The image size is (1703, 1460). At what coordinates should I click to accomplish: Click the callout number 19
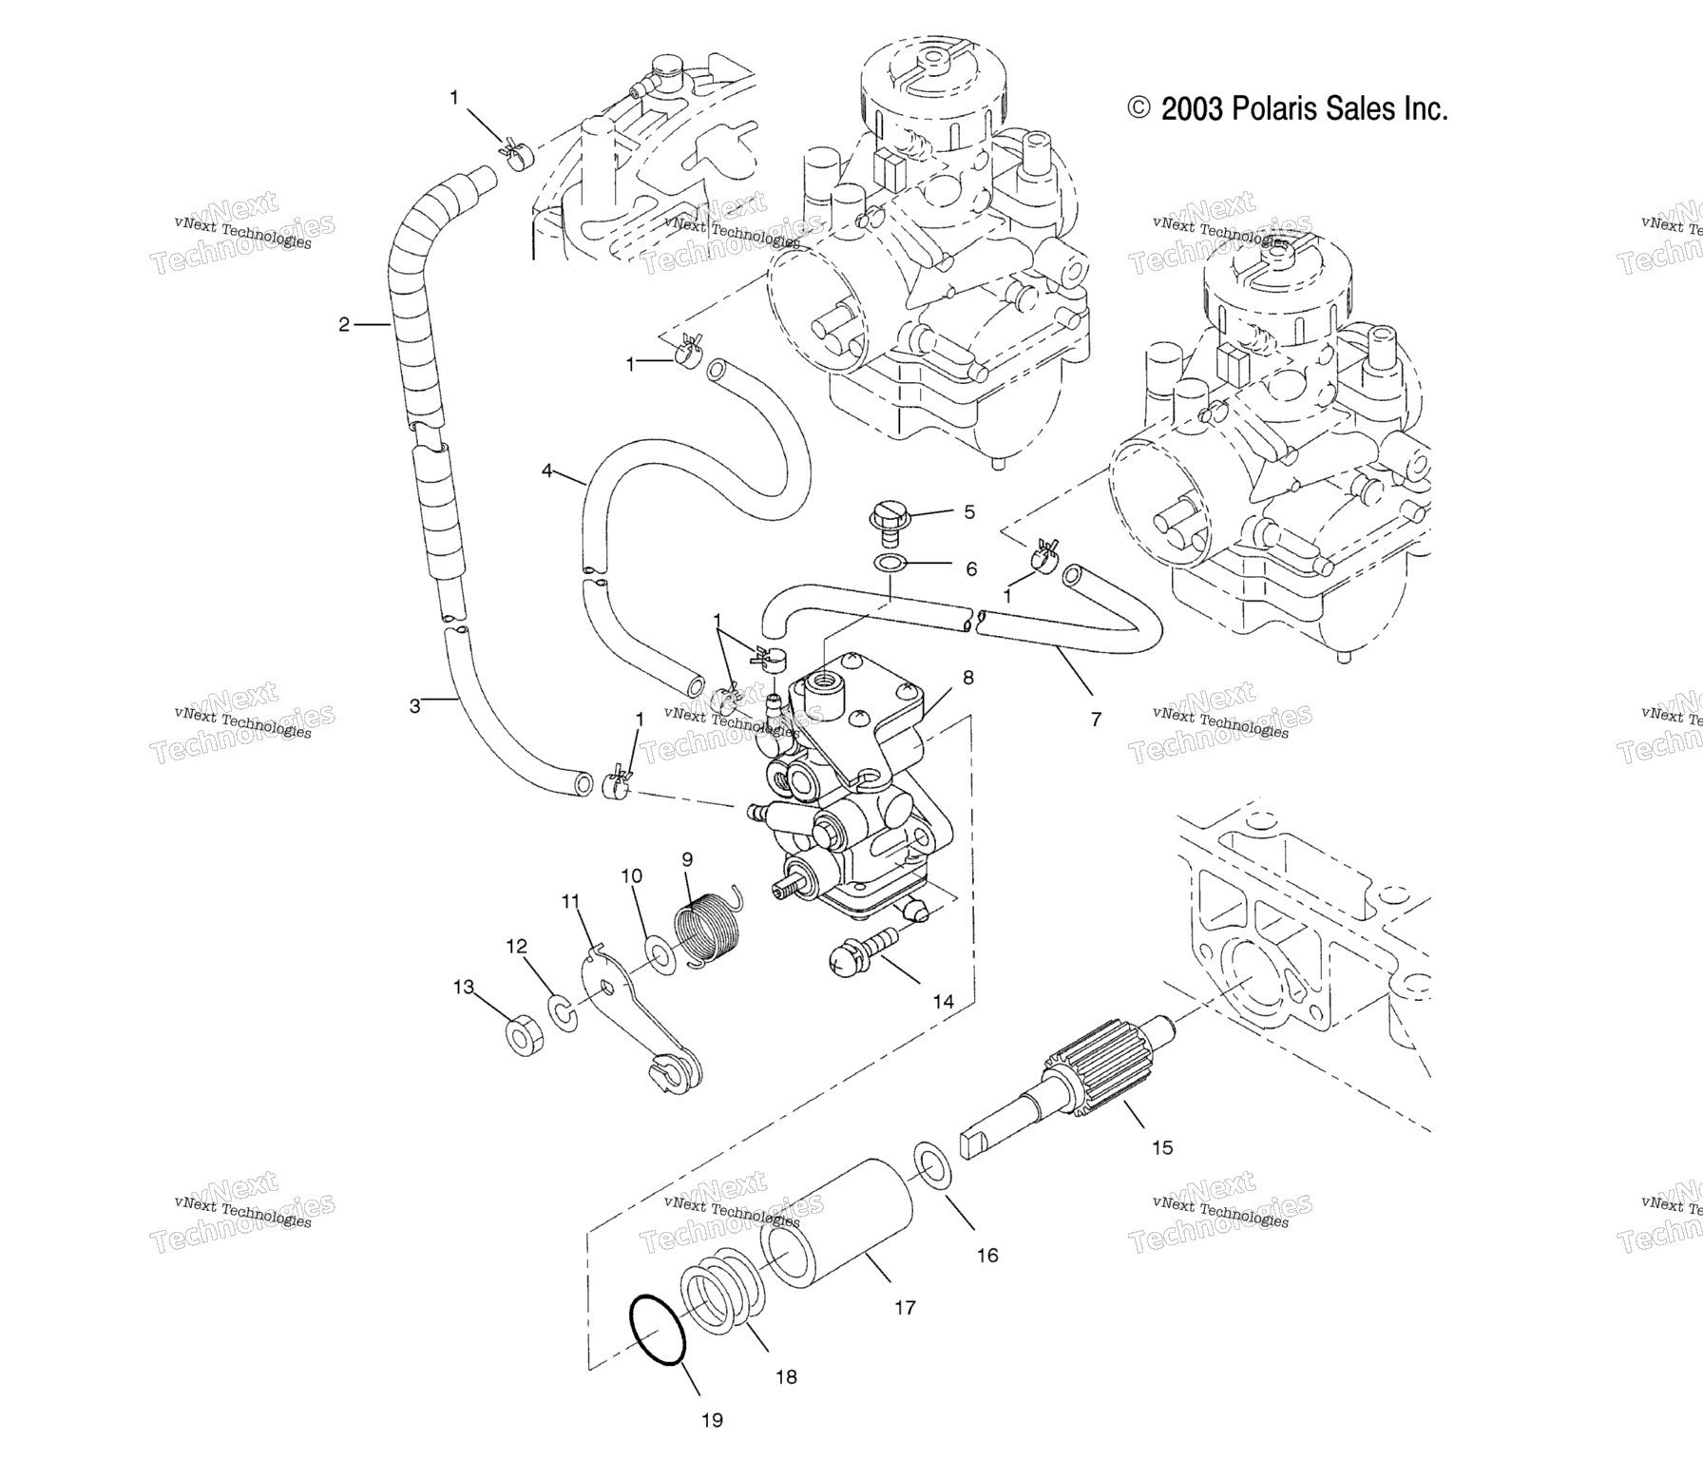tap(712, 1420)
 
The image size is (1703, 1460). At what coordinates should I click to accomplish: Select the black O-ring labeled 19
tap(657, 1343)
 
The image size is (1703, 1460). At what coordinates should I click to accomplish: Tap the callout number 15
tap(1162, 1147)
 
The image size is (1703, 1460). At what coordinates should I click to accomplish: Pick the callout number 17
tap(905, 1308)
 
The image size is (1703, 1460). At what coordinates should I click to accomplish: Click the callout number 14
tap(943, 1001)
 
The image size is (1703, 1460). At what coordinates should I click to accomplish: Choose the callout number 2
tap(344, 325)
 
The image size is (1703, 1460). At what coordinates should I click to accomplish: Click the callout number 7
tap(1096, 720)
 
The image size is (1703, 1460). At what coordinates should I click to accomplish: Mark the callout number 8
tap(968, 678)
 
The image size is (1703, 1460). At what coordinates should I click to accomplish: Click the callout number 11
tap(570, 900)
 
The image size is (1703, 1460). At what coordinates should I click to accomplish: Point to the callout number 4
tap(547, 471)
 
